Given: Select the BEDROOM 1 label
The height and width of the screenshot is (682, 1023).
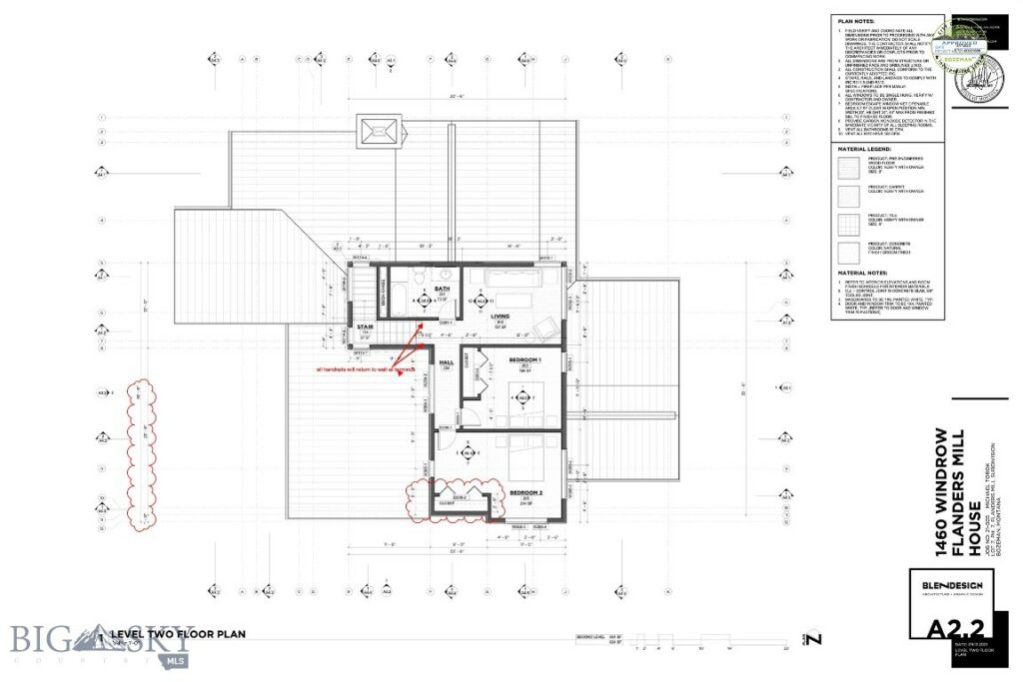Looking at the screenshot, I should pyautogui.click(x=524, y=358).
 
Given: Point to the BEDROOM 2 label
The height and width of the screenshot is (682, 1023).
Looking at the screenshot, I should pyautogui.click(x=525, y=493).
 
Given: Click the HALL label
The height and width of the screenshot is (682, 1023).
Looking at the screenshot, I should pyautogui.click(x=447, y=361).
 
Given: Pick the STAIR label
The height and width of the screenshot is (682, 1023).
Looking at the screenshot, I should pyautogui.click(x=365, y=326).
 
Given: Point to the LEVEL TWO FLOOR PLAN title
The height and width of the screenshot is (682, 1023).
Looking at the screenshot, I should pyautogui.click(x=178, y=634).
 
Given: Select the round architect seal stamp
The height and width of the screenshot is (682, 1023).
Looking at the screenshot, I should pyautogui.click(x=969, y=75).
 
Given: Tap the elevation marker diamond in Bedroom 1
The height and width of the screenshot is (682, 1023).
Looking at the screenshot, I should pyautogui.click(x=518, y=397).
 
